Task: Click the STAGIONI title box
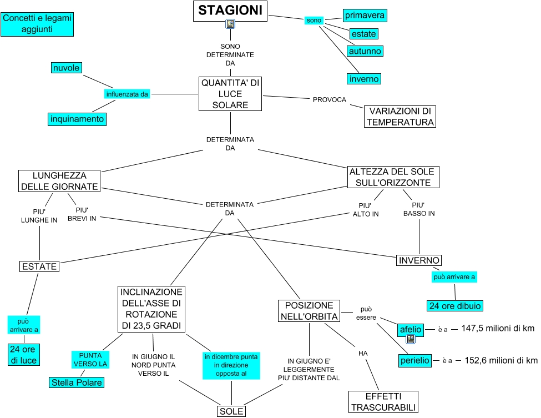[230, 11]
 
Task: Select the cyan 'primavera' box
[364, 16]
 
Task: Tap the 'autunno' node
[365, 51]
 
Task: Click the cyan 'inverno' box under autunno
[364, 79]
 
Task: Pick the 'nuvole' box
[66, 68]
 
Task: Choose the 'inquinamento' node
[77, 119]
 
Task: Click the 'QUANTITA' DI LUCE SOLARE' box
[230, 94]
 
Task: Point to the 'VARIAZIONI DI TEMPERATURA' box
[400, 117]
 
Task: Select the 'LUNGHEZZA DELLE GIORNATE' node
[59, 181]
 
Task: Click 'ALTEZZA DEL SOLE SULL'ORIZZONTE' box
[393, 177]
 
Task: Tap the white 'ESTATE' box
[39, 266]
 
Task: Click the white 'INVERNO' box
[419, 260]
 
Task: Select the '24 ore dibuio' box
[454, 305]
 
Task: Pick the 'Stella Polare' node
[77, 382]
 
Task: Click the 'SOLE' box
[231, 411]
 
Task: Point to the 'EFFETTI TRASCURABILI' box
[383, 402]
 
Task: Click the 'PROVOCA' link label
[329, 100]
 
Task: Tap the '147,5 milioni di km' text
[498, 329]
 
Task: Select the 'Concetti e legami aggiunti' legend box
[36, 24]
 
